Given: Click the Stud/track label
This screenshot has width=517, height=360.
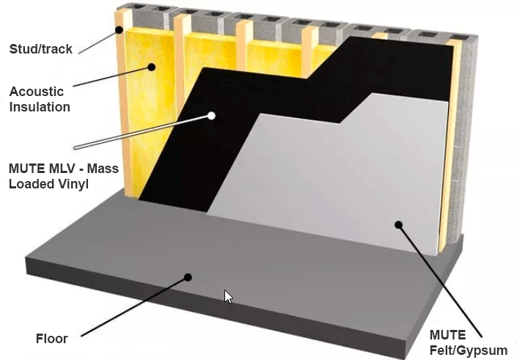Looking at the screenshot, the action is tap(40, 49).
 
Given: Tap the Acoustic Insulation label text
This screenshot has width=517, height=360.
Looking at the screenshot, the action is tap(40, 99).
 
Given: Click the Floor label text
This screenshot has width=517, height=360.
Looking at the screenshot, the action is tap(52, 339).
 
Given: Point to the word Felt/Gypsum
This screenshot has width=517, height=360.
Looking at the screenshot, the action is tap(469, 350).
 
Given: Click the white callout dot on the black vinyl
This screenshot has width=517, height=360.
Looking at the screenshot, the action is tap(211, 116).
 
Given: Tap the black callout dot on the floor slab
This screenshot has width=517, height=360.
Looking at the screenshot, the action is tap(188, 277).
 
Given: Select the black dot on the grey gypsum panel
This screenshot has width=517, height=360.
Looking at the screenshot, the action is tap(399, 225).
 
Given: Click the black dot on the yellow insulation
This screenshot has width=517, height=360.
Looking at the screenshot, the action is tap(151, 67).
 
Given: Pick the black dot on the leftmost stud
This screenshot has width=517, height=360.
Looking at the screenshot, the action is tap(119, 30).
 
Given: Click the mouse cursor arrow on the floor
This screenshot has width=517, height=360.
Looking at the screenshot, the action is tap(228, 297).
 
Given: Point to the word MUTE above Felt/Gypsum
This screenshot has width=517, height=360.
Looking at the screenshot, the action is tap(447, 335).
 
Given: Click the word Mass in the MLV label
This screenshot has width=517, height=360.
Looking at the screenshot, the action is tap(103, 169).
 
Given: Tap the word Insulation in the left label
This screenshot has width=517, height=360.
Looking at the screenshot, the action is tap(40, 107).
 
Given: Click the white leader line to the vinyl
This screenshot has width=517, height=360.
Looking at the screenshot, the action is tap(143, 132).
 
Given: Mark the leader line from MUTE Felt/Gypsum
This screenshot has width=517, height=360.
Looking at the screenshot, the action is tap(440, 282).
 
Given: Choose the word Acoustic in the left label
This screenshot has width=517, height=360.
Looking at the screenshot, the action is tap(36, 92).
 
